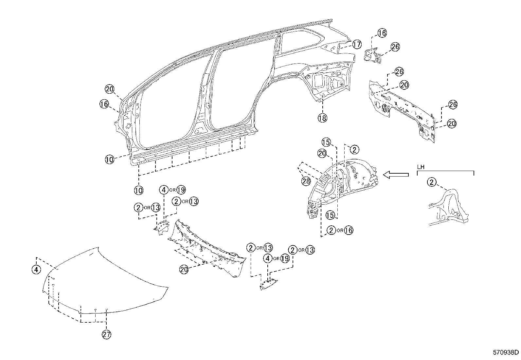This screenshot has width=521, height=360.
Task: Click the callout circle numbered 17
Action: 356,44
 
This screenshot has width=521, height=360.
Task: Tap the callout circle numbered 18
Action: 322,118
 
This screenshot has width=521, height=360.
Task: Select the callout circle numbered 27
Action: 107,334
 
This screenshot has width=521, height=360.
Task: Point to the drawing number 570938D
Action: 506,352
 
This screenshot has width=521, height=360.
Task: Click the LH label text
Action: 421,167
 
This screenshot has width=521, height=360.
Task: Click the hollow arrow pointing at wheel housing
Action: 396,175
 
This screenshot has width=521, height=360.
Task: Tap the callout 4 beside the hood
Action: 36,270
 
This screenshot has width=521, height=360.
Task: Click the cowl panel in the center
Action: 206,249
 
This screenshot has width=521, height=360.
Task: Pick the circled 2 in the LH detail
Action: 432,182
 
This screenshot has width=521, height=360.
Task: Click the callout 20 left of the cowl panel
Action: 184,269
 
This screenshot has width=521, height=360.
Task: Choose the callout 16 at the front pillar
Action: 104,104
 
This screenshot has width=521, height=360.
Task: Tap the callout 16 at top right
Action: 382,33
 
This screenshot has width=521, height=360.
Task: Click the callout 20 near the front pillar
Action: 109,89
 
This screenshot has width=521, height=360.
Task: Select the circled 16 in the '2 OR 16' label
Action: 349,230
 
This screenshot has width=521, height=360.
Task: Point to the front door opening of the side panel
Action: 170,105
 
